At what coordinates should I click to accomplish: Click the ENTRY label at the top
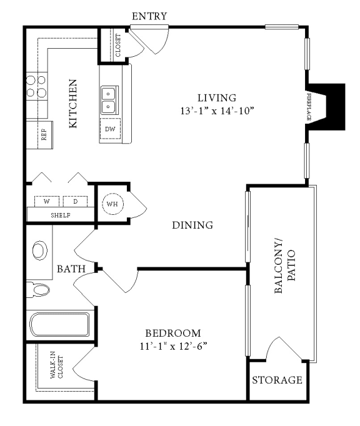coord(150,16)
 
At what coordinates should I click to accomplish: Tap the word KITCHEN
coord(73,103)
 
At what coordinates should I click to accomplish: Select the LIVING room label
coord(217,98)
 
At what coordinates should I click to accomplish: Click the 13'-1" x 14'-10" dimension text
coord(217,111)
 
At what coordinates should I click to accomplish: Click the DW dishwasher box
coord(110,129)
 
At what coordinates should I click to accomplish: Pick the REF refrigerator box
coord(44,135)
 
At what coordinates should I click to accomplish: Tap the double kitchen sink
coord(110,98)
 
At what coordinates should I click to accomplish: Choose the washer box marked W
coord(46,202)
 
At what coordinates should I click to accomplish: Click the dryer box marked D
coord(75,202)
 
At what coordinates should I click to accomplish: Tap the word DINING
coord(192,225)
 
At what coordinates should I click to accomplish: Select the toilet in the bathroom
coord(40,290)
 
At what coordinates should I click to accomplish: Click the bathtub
coord(60,325)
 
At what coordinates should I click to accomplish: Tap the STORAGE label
coord(277,380)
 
